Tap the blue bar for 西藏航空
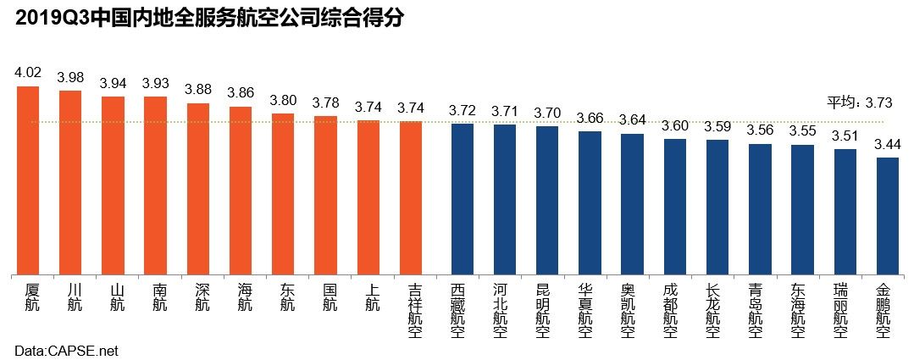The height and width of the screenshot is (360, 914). pos(463,199)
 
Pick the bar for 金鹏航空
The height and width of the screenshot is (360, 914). pos(888,216)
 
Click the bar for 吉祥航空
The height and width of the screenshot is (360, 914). pos(411,198)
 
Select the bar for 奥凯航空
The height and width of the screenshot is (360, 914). pos(632,204)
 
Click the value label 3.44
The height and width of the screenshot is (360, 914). pos(888,143)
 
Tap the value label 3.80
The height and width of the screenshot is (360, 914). pos(283,100)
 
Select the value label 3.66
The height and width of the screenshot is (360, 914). pos(590,118)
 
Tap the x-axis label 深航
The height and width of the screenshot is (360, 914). pos(202,296)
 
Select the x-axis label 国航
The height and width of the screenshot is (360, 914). pos(330,296)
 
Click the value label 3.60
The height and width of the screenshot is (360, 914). pos(675,125)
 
